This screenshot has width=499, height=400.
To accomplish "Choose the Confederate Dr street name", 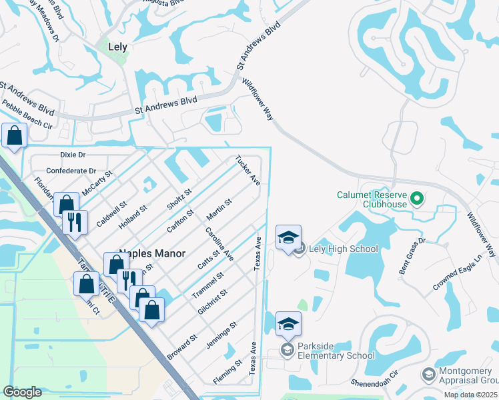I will tap(71, 171).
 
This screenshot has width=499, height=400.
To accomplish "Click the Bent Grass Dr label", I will tap(413, 257).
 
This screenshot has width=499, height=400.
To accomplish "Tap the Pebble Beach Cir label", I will tap(27, 114).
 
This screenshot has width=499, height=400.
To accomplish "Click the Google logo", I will tap(22, 392).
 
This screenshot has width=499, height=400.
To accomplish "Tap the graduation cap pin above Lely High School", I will tap(288, 238).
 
